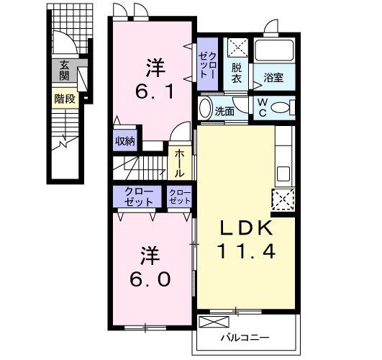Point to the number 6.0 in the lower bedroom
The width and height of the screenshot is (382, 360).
[x=150, y=276]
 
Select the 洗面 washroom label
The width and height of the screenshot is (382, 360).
[x=225, y=112]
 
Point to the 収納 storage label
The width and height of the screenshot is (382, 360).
[x=125, y=141]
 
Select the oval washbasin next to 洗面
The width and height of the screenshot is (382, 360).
[x=205, y=110]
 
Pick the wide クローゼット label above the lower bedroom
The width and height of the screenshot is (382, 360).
[x=137, y=196]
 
